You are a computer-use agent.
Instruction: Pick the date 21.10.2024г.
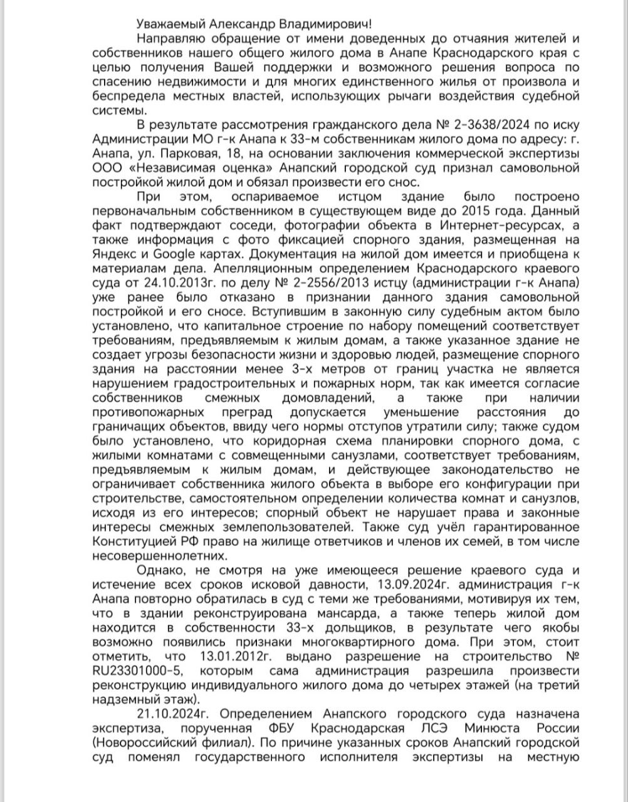[172, 714]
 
